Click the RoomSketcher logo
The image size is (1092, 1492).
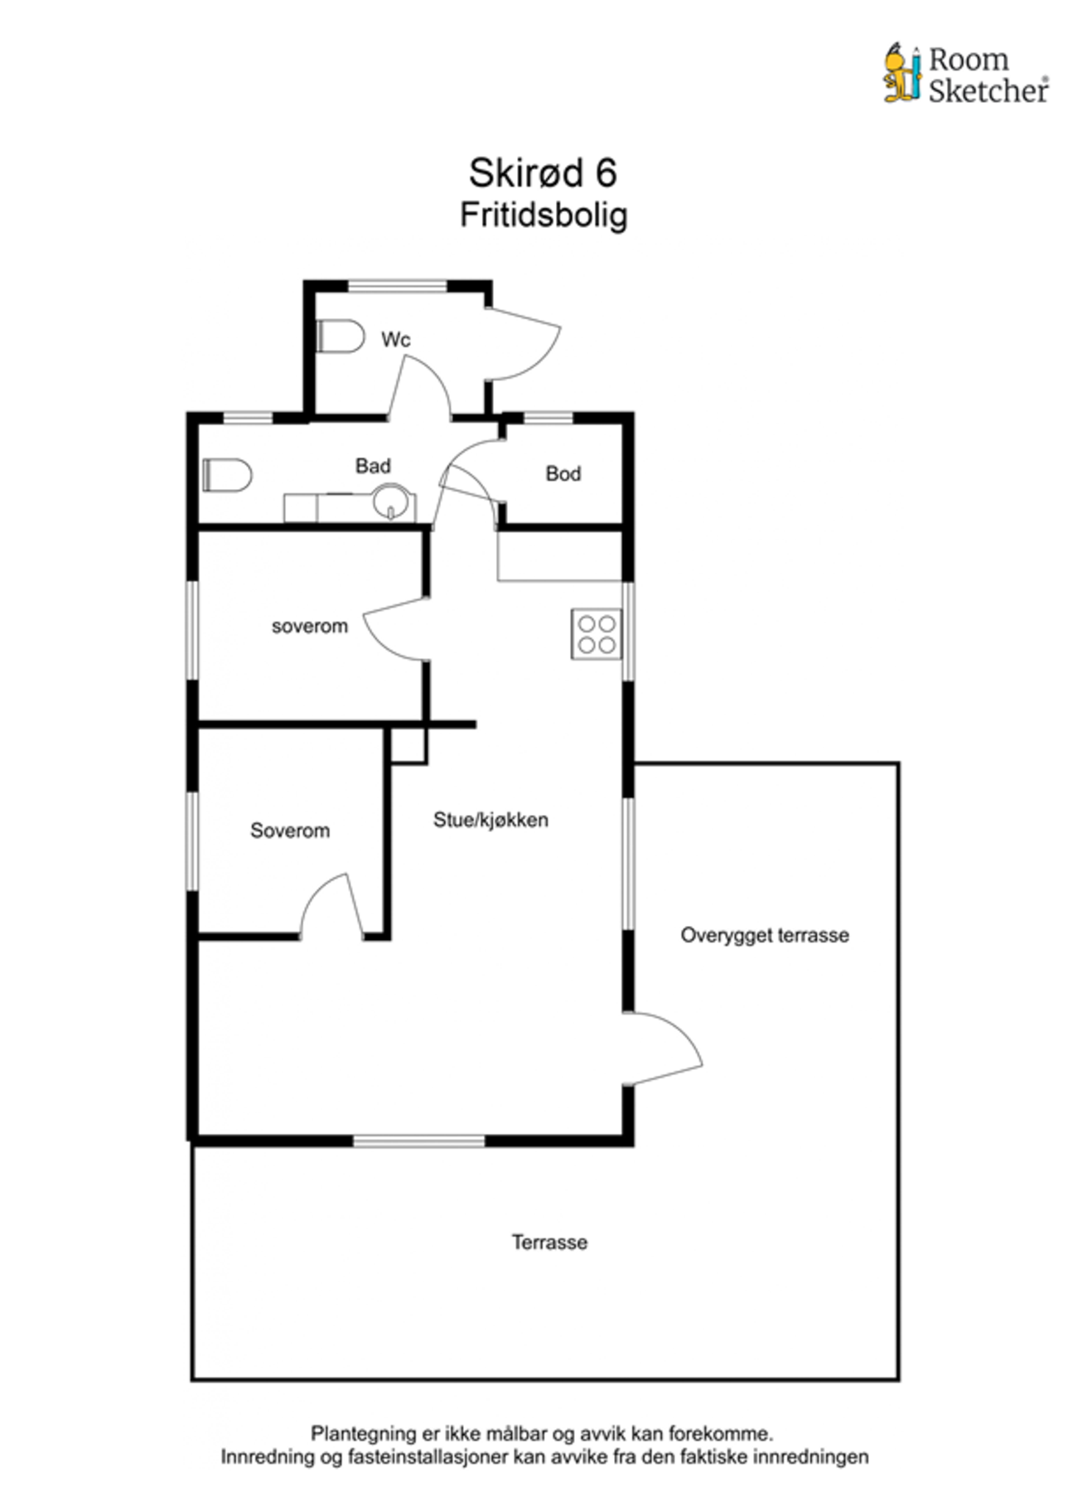click(x=966, y=73)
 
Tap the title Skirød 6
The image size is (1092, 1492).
click(x=543, y=172)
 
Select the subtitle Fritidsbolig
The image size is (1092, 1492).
click(x=544, y=215)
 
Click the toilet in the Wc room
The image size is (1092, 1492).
click(x=341, y=336)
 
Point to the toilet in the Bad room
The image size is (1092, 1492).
click(x=227, y=475)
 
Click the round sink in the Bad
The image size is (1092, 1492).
click(x=391, y=501)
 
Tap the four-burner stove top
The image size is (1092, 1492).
click(x=597, y=634)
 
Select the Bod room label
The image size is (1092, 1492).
click(x=563, y=473)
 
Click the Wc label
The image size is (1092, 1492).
click(x=396, y=339)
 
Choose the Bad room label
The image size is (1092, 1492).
click(x=373, y=466)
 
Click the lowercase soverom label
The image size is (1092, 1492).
click(x=310, y=626)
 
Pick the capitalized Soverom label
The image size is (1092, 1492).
click(x=290, y=830)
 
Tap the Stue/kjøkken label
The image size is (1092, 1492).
click(x=490, y=820)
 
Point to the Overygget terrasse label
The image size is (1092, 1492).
click(x=765, y=935)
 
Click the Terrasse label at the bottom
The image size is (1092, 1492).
click(x=549, y=1242)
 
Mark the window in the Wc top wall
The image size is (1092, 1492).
click(x=398, y=286)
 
